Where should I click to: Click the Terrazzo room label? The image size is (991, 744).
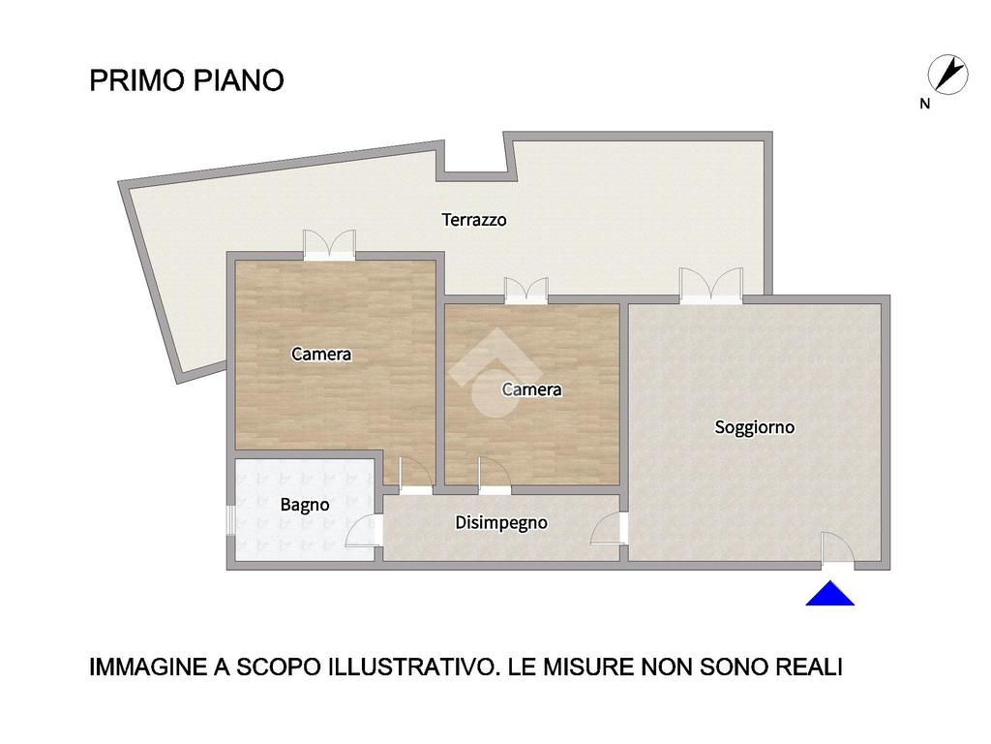pyautogui.click(x=474, y=220)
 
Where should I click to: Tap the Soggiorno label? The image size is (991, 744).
pyautogui.click(x=755, y=427)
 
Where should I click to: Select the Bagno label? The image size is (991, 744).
pyautogui.click(x=305, y=505)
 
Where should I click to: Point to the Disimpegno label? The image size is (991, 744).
pyautogui.click(x=501, y=522)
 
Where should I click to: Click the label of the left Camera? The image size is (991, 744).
pyautogui.click(x=321, y=354)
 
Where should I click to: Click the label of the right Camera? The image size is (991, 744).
pyautogui.click(x=531, y=389)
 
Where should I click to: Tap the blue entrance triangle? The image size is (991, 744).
pyautogui.click(x=829, y=594)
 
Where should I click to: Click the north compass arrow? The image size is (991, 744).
pyautogui.click(x=948, y=74)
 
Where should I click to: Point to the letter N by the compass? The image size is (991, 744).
pyautogui.click(x=924, y=104)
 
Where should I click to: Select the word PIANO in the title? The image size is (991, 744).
pyautogui.click(x=238, y=80)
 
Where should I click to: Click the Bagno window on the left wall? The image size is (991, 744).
pyautogui.click(x=230, y=520)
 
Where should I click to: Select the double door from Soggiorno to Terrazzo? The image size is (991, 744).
pyautogui.click(x=711, y=286)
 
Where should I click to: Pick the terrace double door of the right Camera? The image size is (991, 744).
pyautogui.click(x=526, y=291)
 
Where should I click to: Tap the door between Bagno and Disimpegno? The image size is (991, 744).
pyautogui.click(x=364, y=532)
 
